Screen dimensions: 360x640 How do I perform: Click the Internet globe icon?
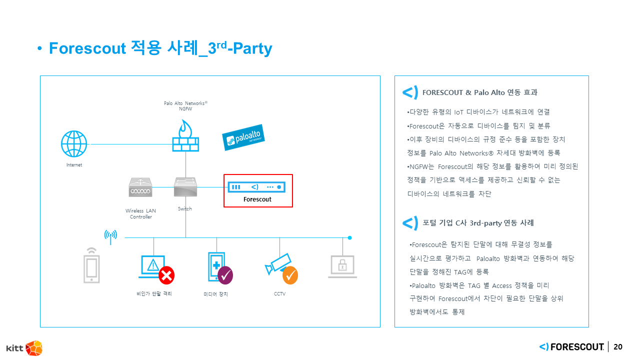click(74, 144)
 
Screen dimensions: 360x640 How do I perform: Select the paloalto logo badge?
click(243, 137)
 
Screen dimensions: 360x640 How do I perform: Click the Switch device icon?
click(185, 187)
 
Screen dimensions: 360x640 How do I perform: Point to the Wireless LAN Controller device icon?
click(140, 187)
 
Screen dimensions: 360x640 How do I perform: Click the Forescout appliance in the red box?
click(257, 187)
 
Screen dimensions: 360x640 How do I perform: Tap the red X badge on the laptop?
click(166, 275)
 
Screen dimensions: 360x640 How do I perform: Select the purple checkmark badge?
click(225, 274)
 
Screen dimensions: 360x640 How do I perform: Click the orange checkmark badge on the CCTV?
click(290, 275)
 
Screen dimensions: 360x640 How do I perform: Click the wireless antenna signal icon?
click(110, 236)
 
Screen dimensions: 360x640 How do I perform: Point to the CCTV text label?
click(279, 294)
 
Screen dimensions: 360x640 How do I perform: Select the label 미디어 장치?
click(215, 294)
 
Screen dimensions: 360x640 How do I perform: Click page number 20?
click(618, 347)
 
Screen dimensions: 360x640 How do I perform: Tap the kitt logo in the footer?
click(24, 348)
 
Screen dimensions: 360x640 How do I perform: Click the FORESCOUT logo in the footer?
click(572, 347)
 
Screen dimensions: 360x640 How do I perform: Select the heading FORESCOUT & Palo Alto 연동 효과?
click(479, 92)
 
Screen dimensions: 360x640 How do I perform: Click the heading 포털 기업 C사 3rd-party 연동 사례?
click(478, 223)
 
